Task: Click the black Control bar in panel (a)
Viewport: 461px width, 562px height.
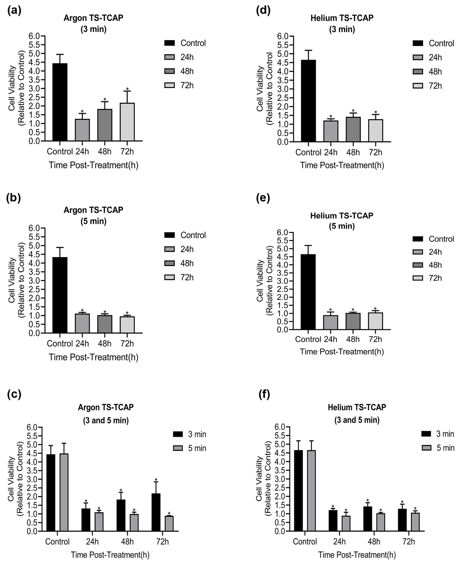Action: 60,102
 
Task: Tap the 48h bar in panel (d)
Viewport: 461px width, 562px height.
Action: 353,129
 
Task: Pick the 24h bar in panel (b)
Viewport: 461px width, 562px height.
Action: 82,323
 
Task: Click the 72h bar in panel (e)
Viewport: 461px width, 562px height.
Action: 375,321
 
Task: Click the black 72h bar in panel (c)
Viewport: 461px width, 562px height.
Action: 156,512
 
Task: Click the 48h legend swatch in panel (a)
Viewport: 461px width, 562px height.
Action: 169,71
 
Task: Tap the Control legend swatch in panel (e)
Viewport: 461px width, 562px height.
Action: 418,239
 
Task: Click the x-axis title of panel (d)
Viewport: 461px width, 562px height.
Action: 342,165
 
